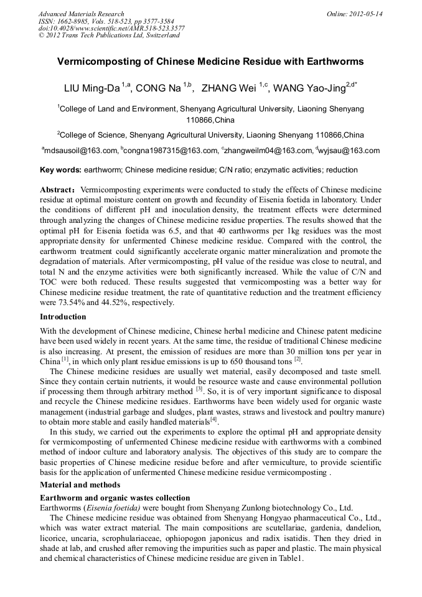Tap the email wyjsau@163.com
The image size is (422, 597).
[349, 151]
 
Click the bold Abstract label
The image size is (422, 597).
[57, 189]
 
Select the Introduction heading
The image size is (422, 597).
[63, 317]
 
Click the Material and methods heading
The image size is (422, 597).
[80, 484]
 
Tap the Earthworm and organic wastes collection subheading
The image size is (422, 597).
[115, 498]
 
